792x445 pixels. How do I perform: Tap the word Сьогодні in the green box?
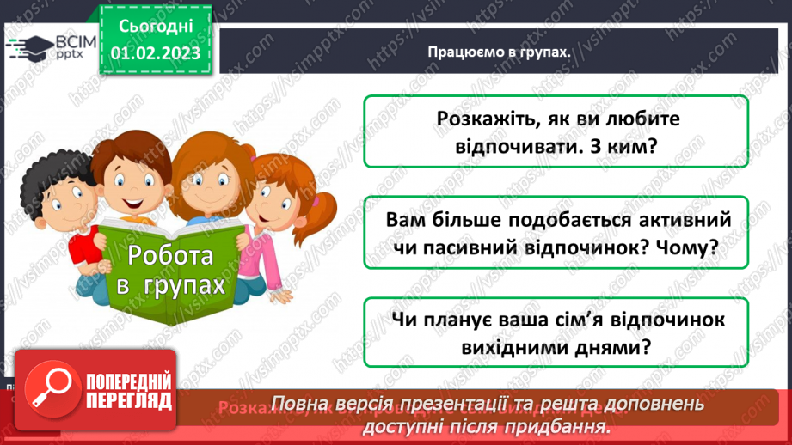coord(155,27)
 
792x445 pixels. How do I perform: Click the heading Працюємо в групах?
coord(500,52)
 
